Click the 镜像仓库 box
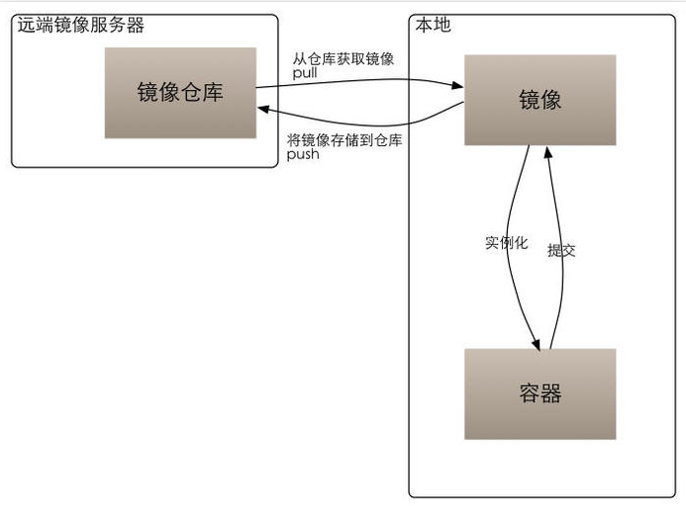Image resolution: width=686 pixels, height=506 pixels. click(180, 93)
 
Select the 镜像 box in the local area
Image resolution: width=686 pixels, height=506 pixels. click(539, 100)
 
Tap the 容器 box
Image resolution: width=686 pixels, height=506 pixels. click(539, 393)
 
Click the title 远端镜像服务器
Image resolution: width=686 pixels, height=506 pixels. click(81, 25)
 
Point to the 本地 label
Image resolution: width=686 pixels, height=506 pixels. click(433, 25)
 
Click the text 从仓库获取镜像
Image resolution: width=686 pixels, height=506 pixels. click(343, 58)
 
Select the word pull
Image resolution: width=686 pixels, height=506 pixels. click(304, 73)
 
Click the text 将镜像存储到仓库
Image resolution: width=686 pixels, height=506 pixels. click(343, 141)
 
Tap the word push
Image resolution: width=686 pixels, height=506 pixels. click(303, 155)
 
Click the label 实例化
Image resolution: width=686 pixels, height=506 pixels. click(506, 242)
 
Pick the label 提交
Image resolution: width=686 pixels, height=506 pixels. click(561, 251)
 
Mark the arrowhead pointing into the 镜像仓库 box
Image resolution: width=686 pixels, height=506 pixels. click(264, 113)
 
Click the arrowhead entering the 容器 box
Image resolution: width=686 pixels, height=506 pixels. click(537, 342)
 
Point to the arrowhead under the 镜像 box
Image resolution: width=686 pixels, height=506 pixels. click(546, 151)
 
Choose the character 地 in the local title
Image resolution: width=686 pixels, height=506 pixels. click(441, 25)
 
